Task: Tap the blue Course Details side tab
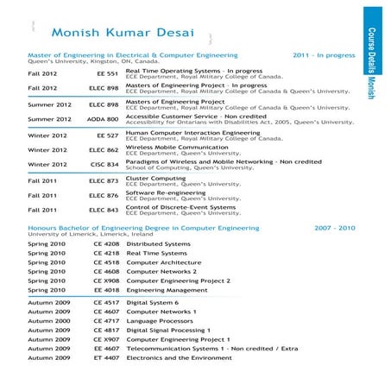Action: click(373, 52)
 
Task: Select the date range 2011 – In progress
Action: click(324, 54)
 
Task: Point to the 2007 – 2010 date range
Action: click(335, 228)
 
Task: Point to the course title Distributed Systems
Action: click(158, 244)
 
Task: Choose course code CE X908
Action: click(106, 281)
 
